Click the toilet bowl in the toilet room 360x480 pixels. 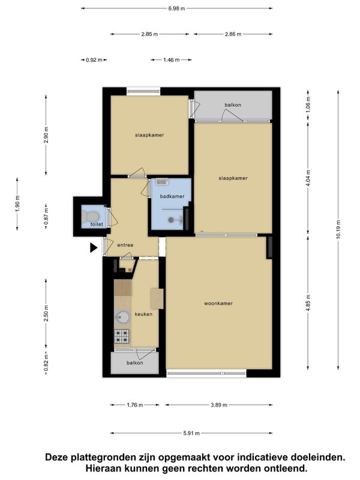[92, 215]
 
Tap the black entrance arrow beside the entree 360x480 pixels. [94, 247]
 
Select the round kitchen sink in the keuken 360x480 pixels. [123, 316]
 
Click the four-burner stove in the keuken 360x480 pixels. [122, 335]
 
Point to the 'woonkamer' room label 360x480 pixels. [218, 303]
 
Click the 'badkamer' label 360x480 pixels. [171, 196]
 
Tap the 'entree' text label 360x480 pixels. [125, 245]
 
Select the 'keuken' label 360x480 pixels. [143, 314]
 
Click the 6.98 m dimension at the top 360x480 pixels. [176, 8]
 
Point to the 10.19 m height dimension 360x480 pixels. [338, 232]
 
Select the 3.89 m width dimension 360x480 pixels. [219, 405]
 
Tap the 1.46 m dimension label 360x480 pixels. [172, 60]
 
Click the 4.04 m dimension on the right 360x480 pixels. [308, 178]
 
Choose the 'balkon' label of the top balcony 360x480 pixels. [233, 105]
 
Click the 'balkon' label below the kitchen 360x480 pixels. [134, 362]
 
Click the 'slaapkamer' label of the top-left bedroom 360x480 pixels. [149, 135]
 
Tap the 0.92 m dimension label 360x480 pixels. [94, 60]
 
